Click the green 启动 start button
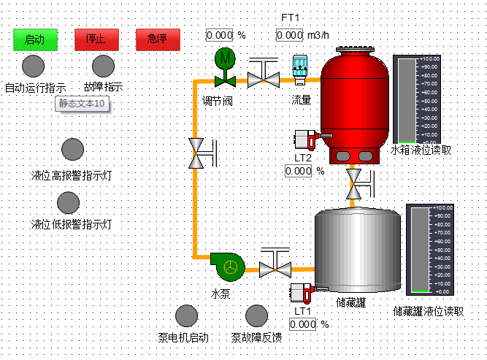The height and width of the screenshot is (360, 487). tap(35, 39)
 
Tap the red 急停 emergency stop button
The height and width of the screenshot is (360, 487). tap(158, 39)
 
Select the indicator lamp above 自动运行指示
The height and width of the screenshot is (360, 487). tap(33, 66)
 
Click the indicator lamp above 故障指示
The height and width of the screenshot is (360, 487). tap(103, 66)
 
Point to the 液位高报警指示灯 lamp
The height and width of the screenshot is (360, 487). tap(72, 149)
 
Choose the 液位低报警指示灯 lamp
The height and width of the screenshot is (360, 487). tap(68, 202)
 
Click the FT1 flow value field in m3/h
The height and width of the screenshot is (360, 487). tap(289, 35)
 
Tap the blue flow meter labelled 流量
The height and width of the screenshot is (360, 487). tap(300, 69)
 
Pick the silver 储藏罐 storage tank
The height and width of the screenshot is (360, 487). tap(357, 251)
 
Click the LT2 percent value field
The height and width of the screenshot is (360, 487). tap(299, 171)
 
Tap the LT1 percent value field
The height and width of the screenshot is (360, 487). tap(302, 324)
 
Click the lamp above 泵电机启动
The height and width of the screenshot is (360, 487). tap(186, 315)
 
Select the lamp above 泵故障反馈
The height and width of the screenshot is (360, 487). tap(256, 315)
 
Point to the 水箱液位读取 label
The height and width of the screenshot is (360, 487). tap(421, 150)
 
